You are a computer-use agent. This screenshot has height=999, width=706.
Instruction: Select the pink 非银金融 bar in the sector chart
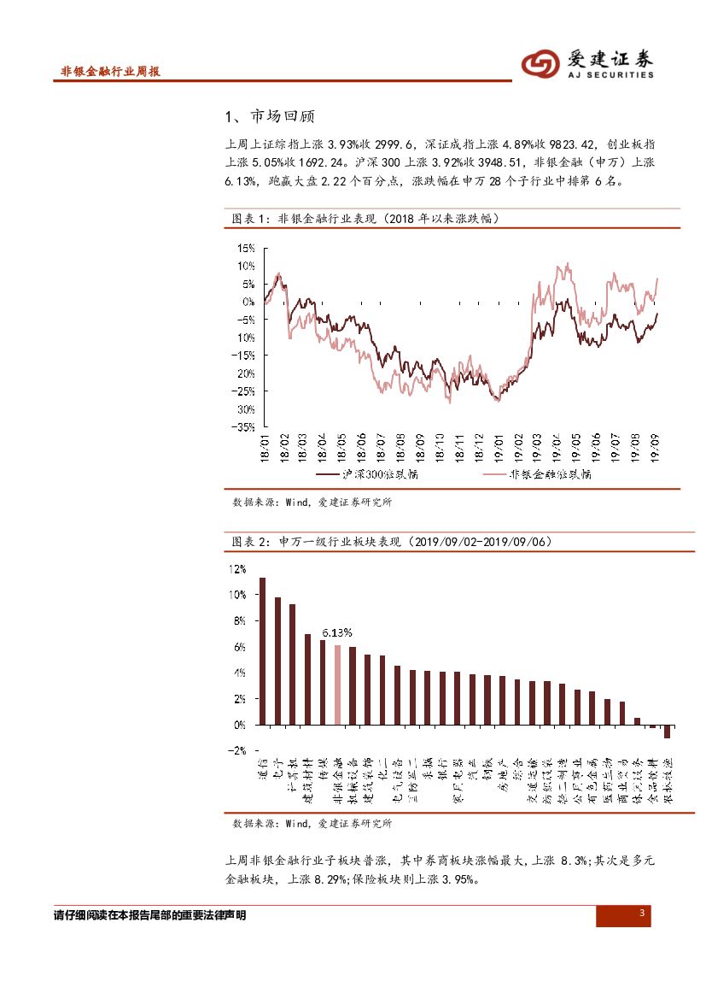337,685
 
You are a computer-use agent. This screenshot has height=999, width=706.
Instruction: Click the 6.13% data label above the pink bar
337,632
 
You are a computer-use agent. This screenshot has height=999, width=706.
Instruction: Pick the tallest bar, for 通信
262,651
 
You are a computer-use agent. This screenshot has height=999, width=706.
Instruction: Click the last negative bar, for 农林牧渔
667,732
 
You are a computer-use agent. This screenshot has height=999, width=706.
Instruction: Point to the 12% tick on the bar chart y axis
236,569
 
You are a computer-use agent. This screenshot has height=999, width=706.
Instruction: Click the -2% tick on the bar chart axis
235,750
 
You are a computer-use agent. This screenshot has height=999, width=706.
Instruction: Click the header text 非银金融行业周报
111,72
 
